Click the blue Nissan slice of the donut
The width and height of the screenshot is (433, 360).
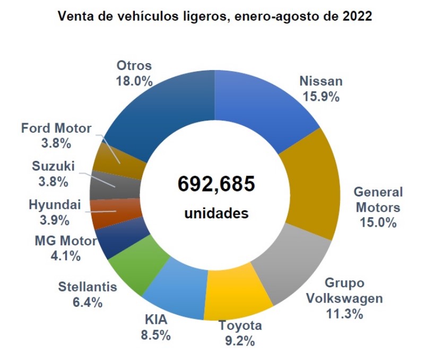(x=260, y=106)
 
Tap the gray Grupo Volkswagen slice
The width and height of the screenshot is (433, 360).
(x=289, y=260)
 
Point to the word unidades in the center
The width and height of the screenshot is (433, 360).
(x=216, y=214)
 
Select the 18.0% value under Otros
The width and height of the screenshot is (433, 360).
(x=134, y=81)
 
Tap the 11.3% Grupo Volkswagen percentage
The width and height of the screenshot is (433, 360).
(x=345, y=314)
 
